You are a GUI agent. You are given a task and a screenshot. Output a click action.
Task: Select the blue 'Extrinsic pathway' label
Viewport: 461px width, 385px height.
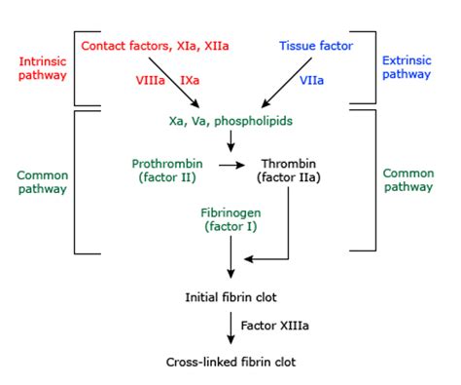414,67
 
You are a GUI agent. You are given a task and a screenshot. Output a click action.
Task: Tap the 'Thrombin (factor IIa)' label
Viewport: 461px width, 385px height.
289,172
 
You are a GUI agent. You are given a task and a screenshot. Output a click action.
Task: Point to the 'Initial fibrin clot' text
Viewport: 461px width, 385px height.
230,295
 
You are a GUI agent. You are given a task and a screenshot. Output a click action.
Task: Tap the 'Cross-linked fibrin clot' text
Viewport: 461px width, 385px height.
230,361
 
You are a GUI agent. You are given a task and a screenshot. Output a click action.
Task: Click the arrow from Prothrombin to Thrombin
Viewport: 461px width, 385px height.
230,166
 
